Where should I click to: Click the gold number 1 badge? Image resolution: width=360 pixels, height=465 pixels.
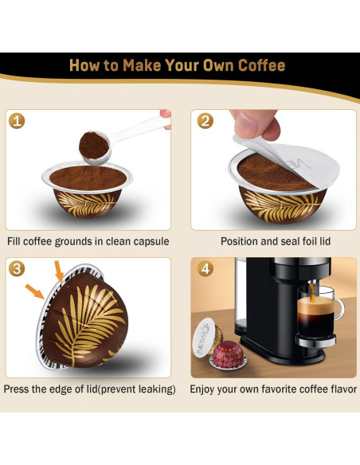click(x=17, y=121)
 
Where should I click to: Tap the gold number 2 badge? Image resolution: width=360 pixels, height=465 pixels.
click(x=205, y=121)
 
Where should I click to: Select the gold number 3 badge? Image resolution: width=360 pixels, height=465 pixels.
click(x=17, y=268)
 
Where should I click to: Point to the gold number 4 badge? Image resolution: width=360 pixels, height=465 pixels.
click(x=205, y=268)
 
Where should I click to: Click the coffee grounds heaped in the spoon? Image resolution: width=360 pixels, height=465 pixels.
click(x=94, y=145)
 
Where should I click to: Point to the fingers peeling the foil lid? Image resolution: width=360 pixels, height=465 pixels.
click(x=256, y=124)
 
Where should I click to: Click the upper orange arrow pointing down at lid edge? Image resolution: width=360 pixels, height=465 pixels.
click(x=59, y=272)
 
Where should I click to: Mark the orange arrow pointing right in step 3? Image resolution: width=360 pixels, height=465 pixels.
click(x=35, y=291)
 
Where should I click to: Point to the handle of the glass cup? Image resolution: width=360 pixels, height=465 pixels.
click(x=340, y=309)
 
